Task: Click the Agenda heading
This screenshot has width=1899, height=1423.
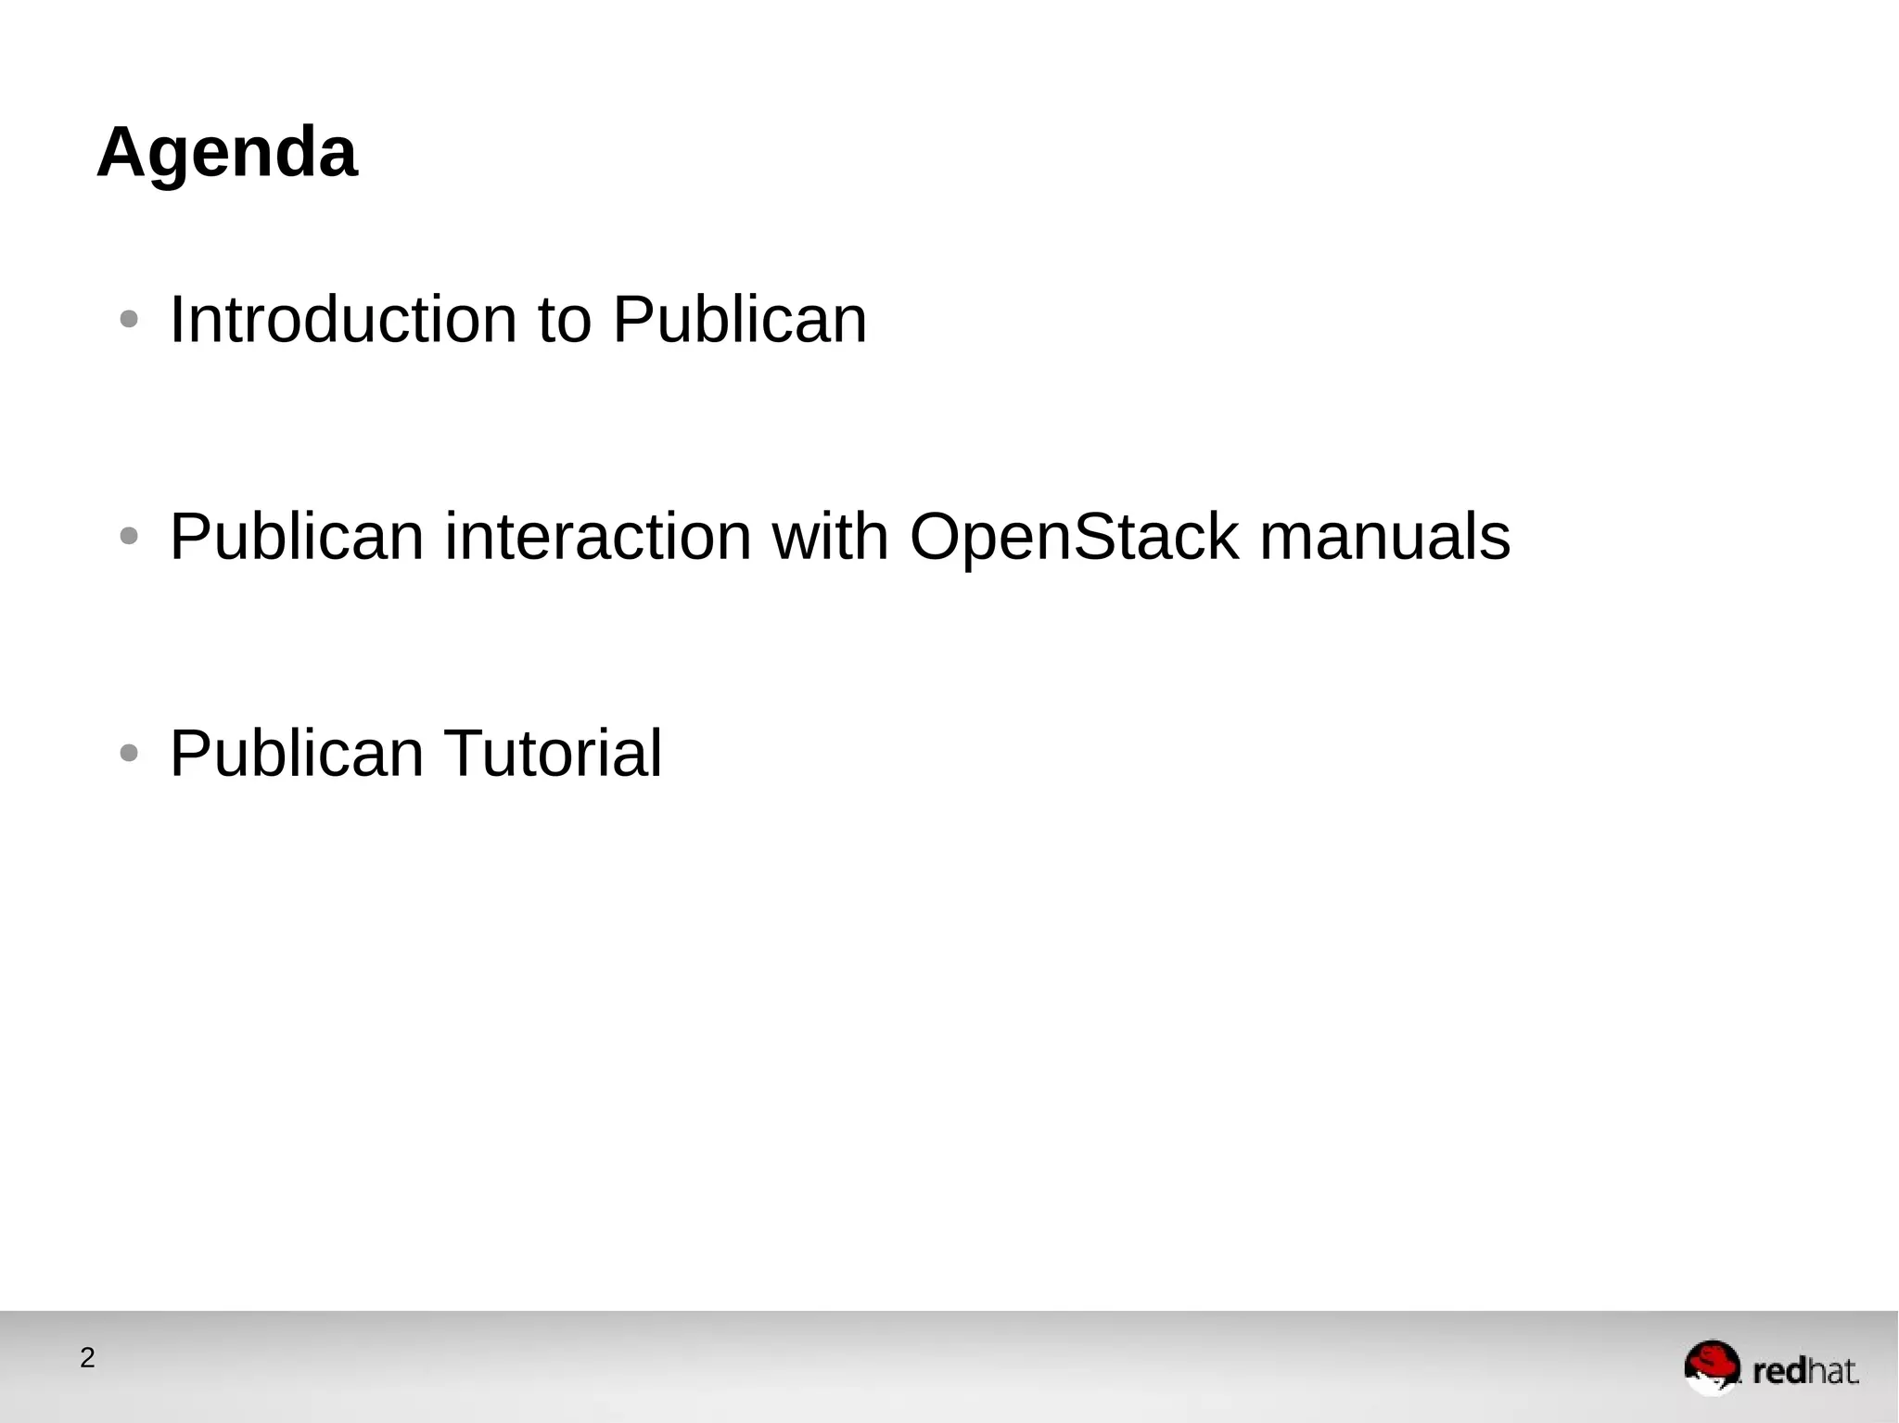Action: click(226, 153)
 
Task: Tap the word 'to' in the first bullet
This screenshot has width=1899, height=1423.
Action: click(564, 320)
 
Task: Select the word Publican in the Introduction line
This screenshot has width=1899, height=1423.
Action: click(739, 320)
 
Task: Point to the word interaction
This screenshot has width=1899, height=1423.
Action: click(598, 537)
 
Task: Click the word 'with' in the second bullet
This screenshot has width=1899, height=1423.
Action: click(830, 537)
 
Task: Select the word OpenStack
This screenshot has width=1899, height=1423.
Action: click(1074, 537)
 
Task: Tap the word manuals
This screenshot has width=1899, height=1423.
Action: click(1384, 537)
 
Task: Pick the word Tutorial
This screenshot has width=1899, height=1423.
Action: click(554, 754)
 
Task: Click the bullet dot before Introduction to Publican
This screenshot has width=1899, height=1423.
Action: click(129, 321)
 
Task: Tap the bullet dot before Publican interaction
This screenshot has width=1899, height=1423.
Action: click(129, 537)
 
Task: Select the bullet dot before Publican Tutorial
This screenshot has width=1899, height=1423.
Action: click(129, 754)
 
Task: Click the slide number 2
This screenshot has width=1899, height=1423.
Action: click(87, 1358)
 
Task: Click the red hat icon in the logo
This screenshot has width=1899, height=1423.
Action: click(1712, 1366)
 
